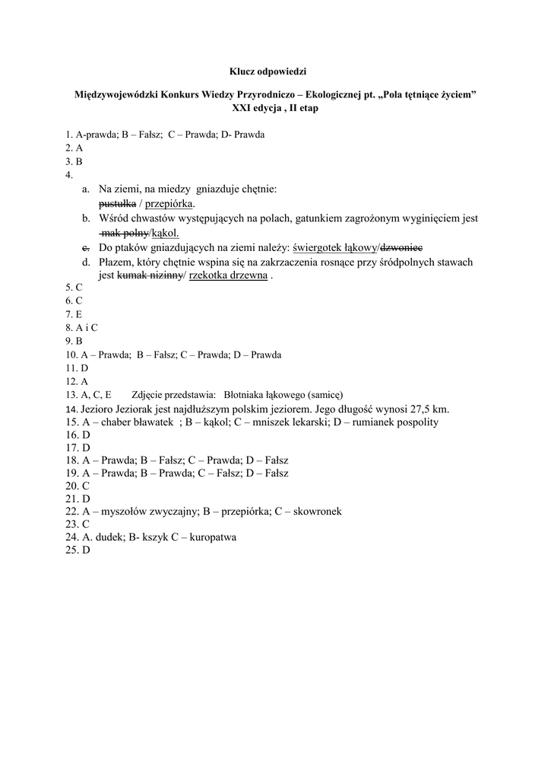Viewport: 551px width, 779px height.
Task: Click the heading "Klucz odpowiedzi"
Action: click(x=268, y=71)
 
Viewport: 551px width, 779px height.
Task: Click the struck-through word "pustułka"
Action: click(x=117, y=205)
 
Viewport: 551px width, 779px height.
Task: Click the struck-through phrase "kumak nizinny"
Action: click(x=150, y=276)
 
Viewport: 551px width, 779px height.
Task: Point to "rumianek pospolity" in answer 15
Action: click(x=397, y=422)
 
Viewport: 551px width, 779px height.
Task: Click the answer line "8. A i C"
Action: click(x=82, y=327)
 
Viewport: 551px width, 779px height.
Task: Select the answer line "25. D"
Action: click(x=78, y=551)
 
